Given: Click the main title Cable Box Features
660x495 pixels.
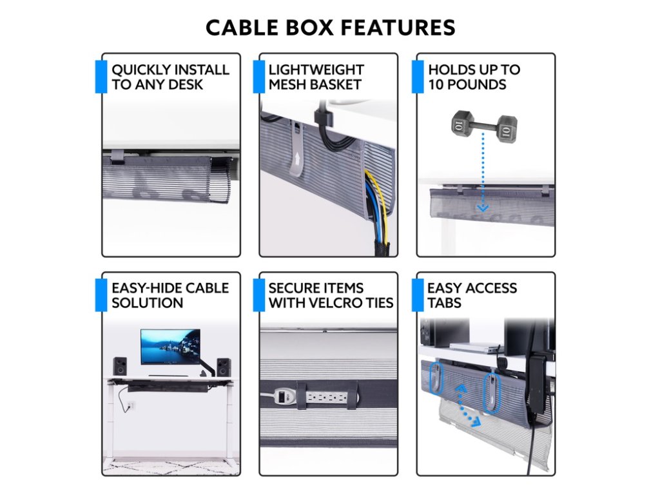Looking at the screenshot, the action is pos(330,28).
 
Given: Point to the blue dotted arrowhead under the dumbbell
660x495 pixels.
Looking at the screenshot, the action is pos(483,208).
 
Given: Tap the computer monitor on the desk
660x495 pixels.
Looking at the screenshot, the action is pos(170,347).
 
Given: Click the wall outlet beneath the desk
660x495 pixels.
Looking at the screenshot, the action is pos(131,406).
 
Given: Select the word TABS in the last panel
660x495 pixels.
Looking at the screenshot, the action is pos(444,302).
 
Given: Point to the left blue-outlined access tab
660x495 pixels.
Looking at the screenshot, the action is pos(434,379).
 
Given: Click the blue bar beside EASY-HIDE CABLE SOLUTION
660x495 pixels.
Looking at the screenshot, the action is pos(101,295).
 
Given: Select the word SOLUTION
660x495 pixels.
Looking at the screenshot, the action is pos(148,302).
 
